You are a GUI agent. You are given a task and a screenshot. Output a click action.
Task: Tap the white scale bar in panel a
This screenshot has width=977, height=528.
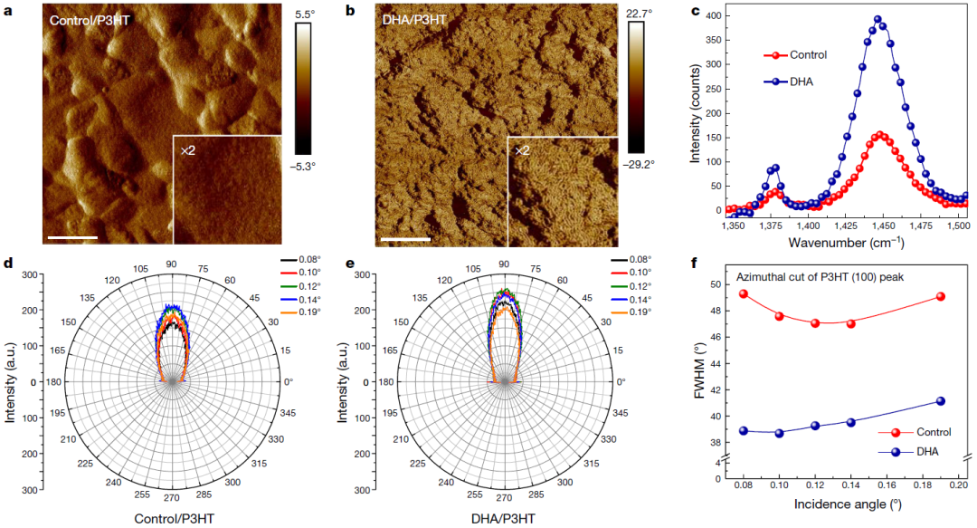click(71, 238)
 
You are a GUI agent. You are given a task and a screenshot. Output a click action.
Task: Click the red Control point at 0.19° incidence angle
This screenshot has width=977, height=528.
click(941, 296)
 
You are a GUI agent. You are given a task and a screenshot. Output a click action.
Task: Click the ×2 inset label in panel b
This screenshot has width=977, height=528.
click(522, 150)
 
